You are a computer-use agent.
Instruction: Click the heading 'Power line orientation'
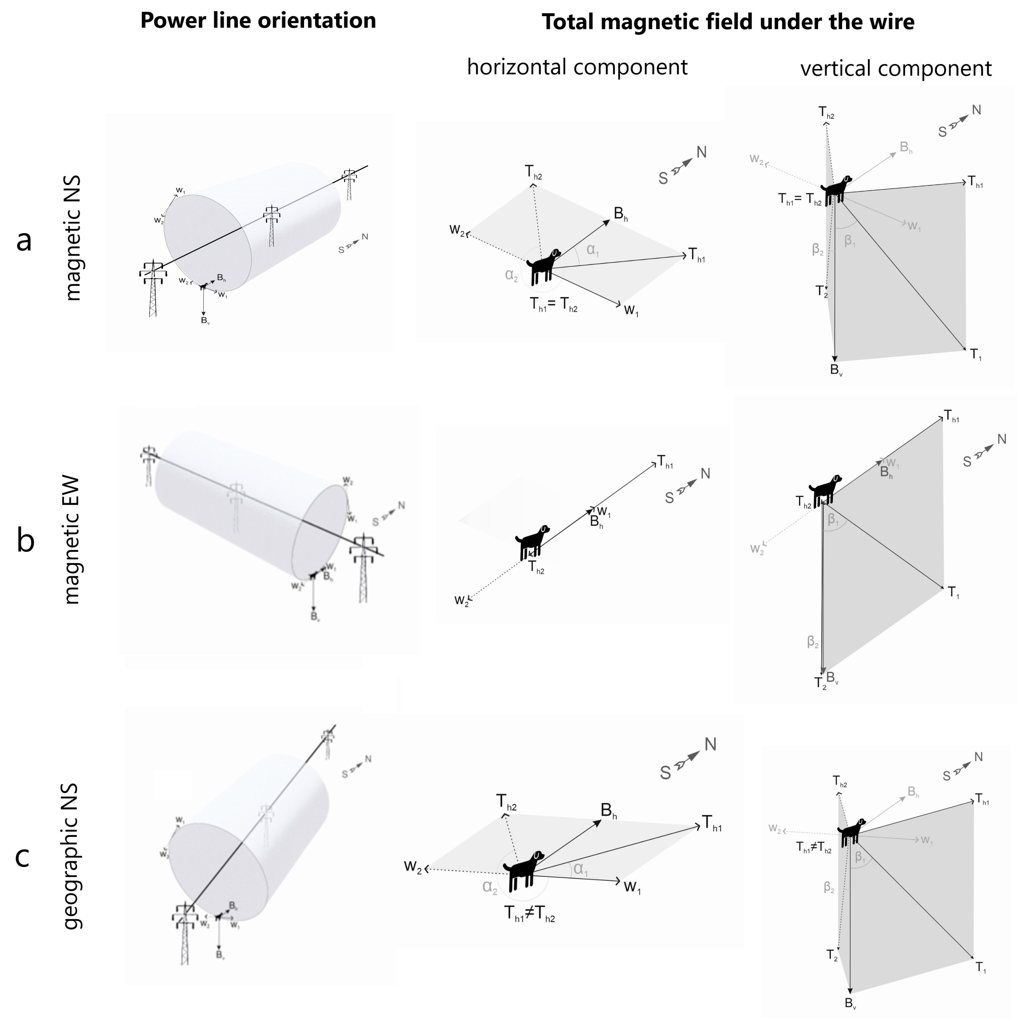point(258,21)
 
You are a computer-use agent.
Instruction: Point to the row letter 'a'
point(24,241)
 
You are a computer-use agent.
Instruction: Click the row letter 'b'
point(25,541)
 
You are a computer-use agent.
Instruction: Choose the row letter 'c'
point(22,857)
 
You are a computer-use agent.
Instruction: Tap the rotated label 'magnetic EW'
point(71,540)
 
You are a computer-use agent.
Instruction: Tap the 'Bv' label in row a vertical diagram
point(836,370)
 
